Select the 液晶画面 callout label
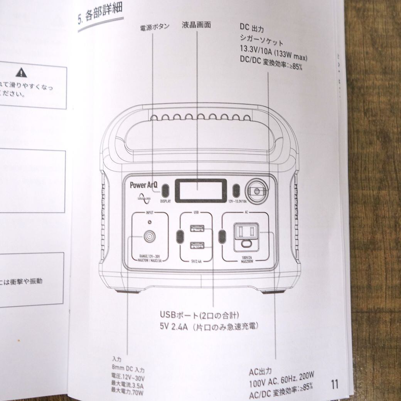(196, 25)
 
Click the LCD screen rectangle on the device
(199, 190)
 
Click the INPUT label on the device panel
(150, 213)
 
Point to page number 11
(334, 384)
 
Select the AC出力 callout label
(260, 372)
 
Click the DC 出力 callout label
(251, 27)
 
